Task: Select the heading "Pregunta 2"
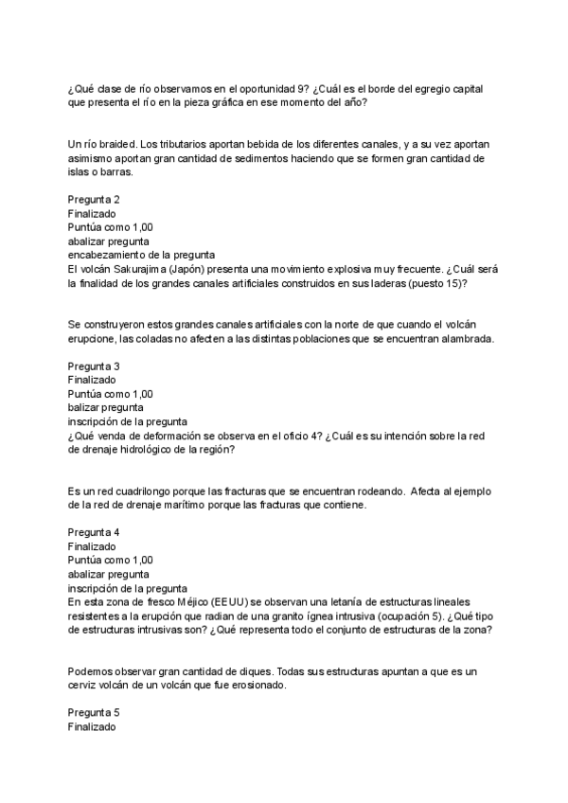click(x=94, y=200)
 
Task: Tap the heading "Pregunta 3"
click(x=94, y=366)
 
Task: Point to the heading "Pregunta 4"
click(x=94, y=533)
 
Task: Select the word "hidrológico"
click(x=156, y=450)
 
